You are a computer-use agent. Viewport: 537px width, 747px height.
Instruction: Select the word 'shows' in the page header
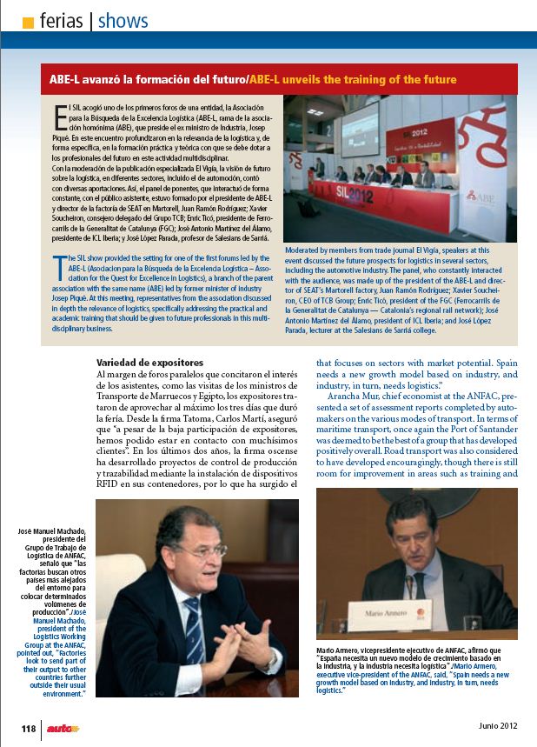pos(123,20)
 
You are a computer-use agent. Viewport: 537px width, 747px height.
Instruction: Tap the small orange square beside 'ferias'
pos(28,21)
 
